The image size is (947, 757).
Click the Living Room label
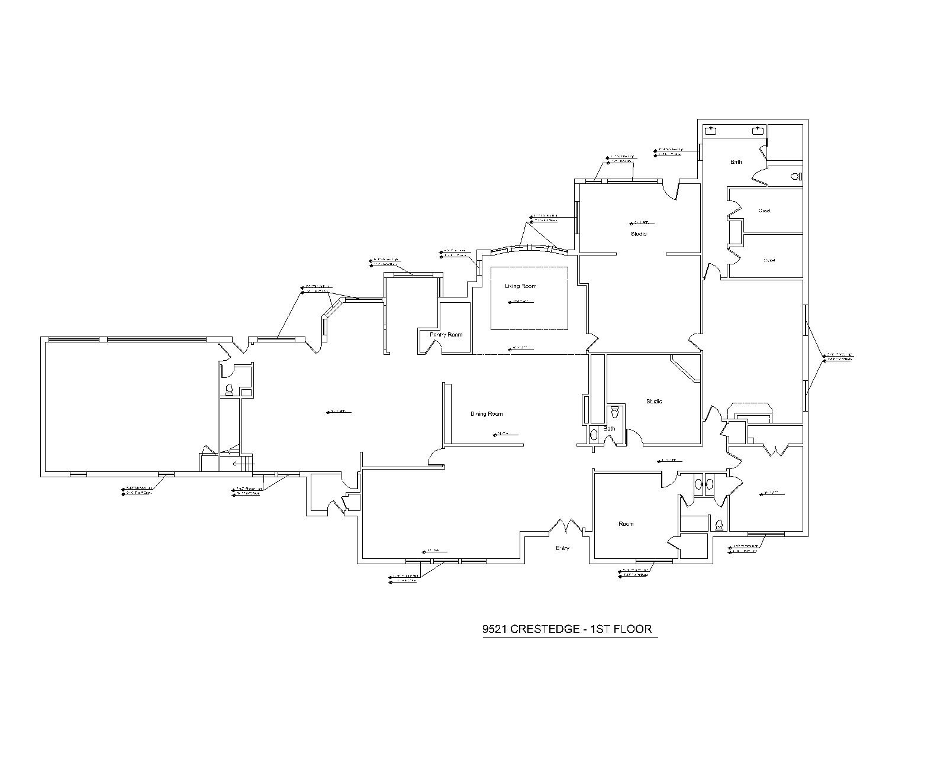[x=520, y=286]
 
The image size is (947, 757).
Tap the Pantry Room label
[x=446, y=335]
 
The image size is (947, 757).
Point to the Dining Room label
[x=487, y=414]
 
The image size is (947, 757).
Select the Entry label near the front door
[x=562, y=548]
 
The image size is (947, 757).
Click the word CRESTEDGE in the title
[x=545, y=629]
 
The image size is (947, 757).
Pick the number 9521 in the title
[x=495, y=629]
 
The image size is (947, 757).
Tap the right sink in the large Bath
[x=757, y=131]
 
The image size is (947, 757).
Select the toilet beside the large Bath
[x=796, y=176]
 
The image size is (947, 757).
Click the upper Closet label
[x=764, y=211]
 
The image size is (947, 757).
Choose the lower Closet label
[x=769, y=260]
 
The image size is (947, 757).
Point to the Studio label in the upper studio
[x=638, y=234]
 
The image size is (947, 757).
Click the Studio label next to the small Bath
[x=654, y=402]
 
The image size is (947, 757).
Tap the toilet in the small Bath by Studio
[x=614, y=411]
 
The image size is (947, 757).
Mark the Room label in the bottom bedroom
[x=626, y=524]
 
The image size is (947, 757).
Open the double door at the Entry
[x=568, y=525]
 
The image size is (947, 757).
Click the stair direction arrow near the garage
[x=239, y=464]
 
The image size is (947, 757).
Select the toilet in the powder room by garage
[x=229, y=389]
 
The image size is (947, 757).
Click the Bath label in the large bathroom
[x=736, y=162]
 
